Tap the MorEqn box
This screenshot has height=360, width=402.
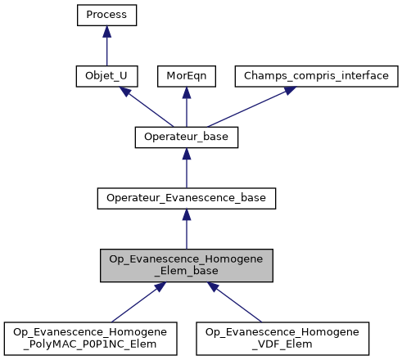click(x=186, y=76)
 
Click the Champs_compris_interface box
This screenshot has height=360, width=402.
click(x=317, y=76)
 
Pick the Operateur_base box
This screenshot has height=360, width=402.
click(x=186, y=137)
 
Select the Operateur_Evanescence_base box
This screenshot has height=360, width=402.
click(x=186, y=198)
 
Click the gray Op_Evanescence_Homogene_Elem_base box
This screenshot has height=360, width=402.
click(x=186, y=266)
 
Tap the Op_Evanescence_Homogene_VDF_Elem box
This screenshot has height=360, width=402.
click(x=283, y=338)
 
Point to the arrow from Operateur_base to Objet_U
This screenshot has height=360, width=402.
click(x=143, y=106)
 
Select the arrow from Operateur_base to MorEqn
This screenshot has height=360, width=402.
click(x=186, y=106)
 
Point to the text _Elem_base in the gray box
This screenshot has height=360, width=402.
click(x=186, y=272)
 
